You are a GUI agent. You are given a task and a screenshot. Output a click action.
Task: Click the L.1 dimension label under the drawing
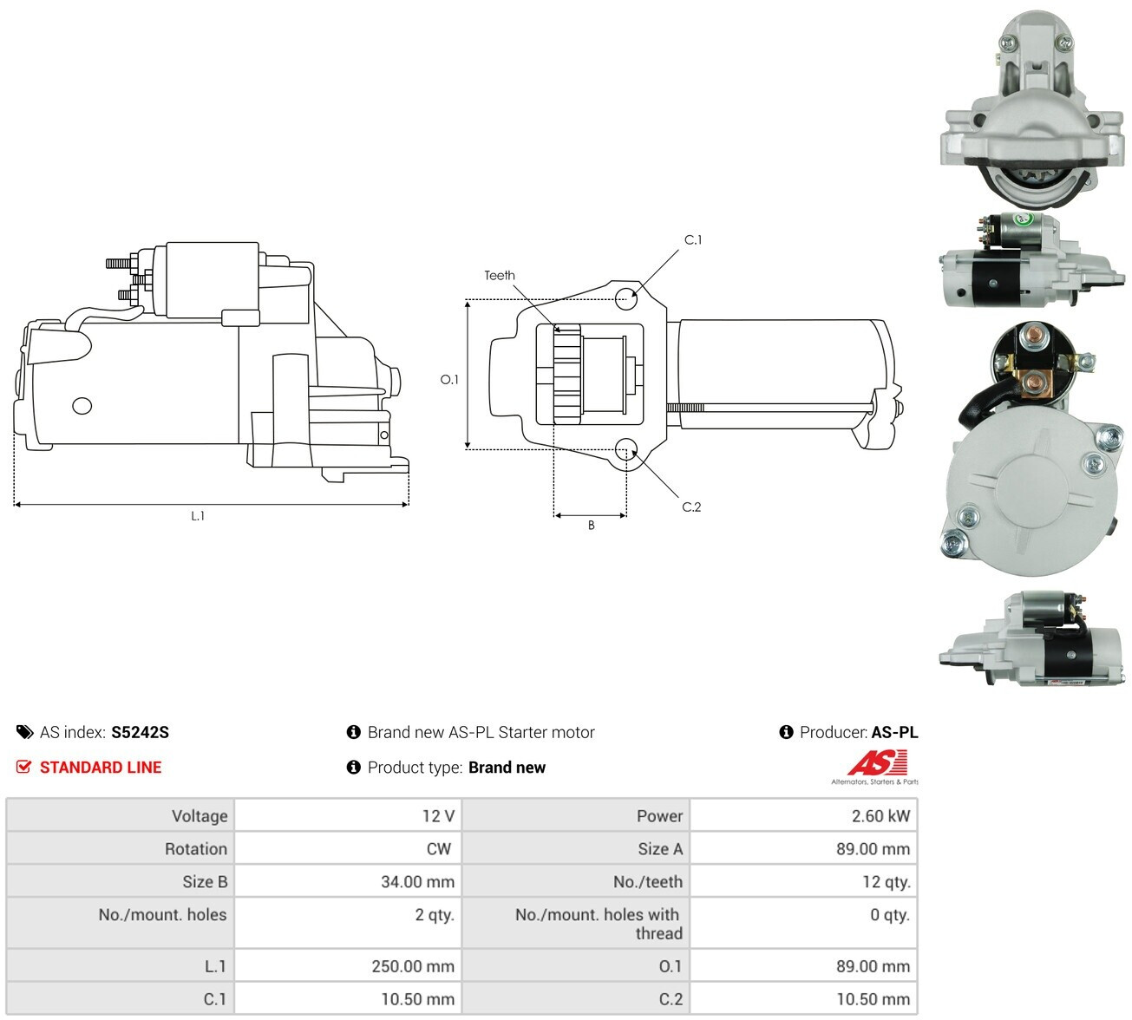[198, 516]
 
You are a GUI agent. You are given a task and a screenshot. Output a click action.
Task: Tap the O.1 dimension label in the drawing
[449, 379]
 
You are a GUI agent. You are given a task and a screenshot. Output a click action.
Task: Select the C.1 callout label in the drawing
[693, 240]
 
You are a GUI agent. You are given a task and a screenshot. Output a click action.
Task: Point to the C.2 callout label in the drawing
[691, 507]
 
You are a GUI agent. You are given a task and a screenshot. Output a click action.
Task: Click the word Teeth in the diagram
[500, 276]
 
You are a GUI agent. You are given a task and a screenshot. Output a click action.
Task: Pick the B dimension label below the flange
[591, 525]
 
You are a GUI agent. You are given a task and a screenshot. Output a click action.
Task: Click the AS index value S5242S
[140, 732]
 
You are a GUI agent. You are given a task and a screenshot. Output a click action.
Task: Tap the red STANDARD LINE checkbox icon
[23, 767]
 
